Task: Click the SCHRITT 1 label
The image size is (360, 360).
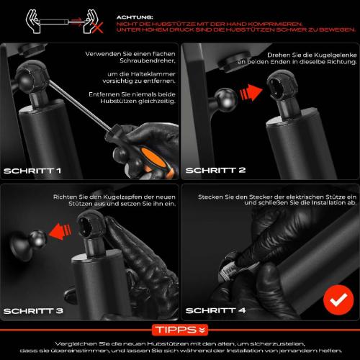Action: [x=32, y=171]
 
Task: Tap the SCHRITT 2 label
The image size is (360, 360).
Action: [x=215, y=171]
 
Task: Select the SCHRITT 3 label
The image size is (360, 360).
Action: [x=33, y=311]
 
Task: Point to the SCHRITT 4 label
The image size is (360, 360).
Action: [x=215, y=311]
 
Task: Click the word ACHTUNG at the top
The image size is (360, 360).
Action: [x=135, y=16]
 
